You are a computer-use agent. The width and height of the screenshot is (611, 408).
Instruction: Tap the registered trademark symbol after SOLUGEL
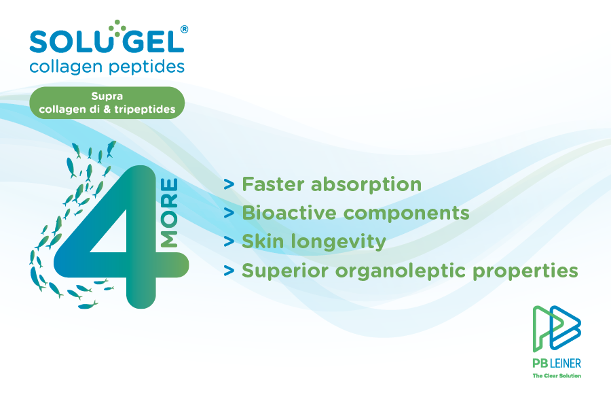click(185, 29)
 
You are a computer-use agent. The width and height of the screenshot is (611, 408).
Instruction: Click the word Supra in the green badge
click(107, 97)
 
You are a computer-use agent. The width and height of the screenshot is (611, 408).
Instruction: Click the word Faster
click(272, 184)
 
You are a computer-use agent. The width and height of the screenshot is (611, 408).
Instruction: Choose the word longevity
click(335, 242)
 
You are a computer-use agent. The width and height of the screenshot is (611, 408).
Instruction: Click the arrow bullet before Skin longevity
click(229, 242)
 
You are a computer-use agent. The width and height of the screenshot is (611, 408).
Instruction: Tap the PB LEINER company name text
click(557, 363)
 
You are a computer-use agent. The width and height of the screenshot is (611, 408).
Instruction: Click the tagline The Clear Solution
click(557, 375)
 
